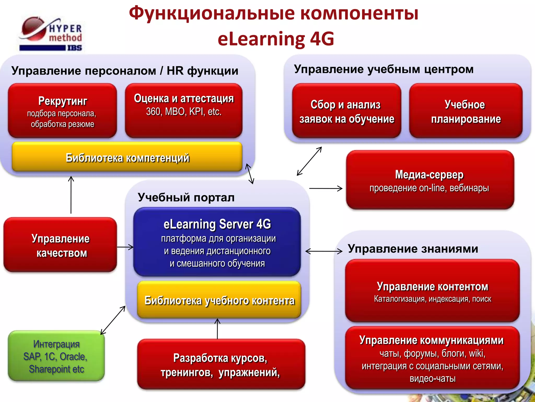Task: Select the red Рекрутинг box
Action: click(x=62, y=111)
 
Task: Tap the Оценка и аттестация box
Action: click(x=184, y=111)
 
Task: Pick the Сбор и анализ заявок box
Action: click(x=346, y=111)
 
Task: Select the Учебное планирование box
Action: click(x=466, y=111)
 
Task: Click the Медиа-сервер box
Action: click(x=430, y=180)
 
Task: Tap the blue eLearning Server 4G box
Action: click(x=217, y=242)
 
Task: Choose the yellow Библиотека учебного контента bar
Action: click(x=219, y=300)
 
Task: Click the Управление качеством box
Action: click(x=60, y=245)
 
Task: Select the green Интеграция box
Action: click(x=56, y=356)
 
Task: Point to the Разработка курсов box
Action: click(x=221, y=364)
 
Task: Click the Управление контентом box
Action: click(x=432, y=291)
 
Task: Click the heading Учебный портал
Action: click(x=186, y=197)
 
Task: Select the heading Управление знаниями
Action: click(x=413, y=249)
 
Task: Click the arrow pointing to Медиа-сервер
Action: click(x=326, y=188)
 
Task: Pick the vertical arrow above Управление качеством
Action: click(x=71, y=195)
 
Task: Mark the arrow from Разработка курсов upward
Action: click(x=217, y=329)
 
